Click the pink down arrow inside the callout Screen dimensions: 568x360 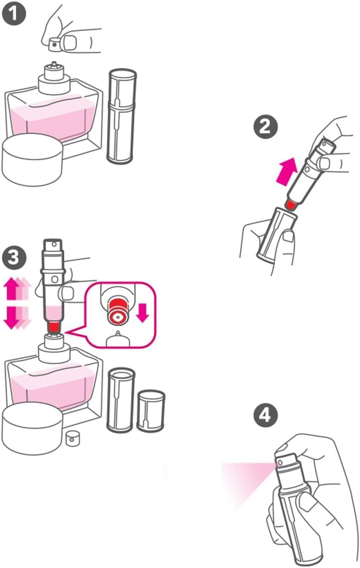(142, 313)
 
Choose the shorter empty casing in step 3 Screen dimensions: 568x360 (151, 411)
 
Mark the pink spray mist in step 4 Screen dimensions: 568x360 (245, 479)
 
